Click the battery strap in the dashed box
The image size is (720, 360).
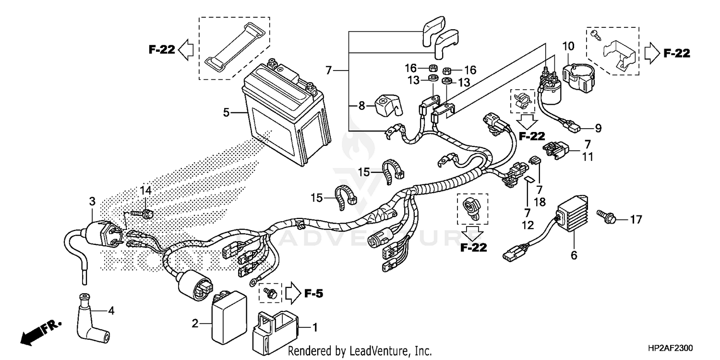[x=235, y=48]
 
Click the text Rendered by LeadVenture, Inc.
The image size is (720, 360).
[x=360, y=351]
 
